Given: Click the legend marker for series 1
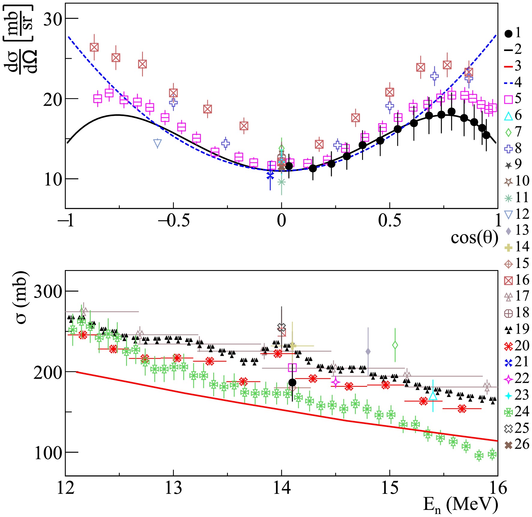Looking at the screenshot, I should (x=508, y=34).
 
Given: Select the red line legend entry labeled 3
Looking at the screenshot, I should (x=508, y=66).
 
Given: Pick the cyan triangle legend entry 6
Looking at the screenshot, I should (x=508, y=116).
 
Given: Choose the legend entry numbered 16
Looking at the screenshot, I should (x=508, y=281).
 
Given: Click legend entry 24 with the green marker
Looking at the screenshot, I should (x=508, y=412).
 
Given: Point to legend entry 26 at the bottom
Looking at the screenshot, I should (x=508, y=445).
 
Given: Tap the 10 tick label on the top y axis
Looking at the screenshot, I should (x=53, y=180).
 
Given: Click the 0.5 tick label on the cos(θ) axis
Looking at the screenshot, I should (x=389, y=221).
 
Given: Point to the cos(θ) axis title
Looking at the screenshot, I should (x=474, y=238).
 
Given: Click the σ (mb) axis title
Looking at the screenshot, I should (x=22, y=297).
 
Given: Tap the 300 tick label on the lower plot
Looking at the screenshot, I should (x=47, y=292).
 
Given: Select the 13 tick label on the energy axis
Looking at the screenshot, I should (x=173, y=488).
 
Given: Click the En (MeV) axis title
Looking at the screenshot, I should (x=461, y=506).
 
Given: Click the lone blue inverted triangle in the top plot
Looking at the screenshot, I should (x=158, y=143).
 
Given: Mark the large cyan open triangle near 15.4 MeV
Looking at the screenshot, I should (x=433, y=396).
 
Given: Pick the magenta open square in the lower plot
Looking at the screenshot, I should (x=292, y=368).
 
